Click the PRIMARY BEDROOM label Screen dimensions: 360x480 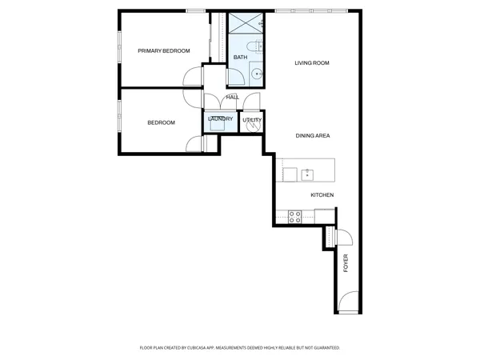tap(164, 51)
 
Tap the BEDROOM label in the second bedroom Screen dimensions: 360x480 tap(161, 122)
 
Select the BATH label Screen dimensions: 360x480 tap(240, 58)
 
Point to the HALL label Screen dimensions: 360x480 tap(232, 98)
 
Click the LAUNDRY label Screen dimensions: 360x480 tap(220, 119)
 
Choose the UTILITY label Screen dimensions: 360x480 tap(252, 120)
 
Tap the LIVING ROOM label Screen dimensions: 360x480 tap(312, 62)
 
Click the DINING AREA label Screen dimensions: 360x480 tap(313, 136)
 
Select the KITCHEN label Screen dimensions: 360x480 tap(322, 195)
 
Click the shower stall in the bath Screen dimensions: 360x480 tap(240, 23)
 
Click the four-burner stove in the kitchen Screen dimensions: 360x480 tap(294, 214)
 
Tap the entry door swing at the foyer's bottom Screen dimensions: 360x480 tap(347, 302)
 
